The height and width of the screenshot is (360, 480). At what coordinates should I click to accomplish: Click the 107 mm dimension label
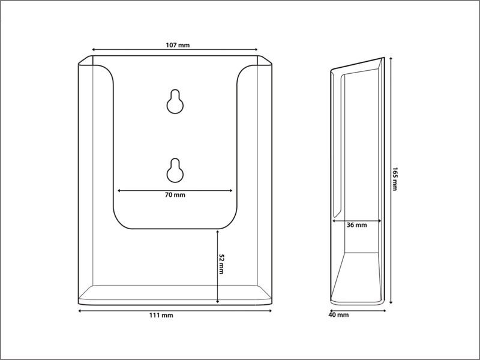click(178, 46)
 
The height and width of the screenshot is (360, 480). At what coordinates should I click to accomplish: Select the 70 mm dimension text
click(175, 194)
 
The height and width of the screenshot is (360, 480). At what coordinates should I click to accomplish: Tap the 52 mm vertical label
click(221, 264)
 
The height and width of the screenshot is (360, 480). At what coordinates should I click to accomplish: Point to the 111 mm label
click(161, 316)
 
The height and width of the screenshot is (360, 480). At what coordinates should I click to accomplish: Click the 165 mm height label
click(395, 179)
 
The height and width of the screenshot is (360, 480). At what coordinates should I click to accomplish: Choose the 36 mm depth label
click(356, 225)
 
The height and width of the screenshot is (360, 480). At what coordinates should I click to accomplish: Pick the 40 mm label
click(338, 314)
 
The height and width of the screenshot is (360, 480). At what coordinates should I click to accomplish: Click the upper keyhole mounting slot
click(175, 101)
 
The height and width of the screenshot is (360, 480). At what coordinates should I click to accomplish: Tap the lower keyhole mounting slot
click(175, 170)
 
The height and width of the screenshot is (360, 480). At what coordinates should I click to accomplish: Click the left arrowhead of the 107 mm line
click(94, 49)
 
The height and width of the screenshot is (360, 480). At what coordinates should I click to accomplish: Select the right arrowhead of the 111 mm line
click(271, 311)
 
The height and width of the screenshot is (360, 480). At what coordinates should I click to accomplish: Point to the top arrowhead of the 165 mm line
click(391, 59)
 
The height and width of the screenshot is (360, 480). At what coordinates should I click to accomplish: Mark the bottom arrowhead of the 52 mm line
click(217, 302)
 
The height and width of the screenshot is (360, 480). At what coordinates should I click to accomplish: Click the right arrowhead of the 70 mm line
click(231, 190)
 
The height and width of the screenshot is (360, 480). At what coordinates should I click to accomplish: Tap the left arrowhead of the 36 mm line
click(334, 220)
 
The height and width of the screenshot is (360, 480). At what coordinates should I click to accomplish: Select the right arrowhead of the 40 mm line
click(384, 311)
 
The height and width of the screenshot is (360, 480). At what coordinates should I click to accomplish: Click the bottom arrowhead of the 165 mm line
click(391, 302)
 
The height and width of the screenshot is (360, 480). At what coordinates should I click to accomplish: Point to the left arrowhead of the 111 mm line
click(80, 311)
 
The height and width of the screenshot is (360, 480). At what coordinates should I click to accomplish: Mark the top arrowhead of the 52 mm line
click(217, 232)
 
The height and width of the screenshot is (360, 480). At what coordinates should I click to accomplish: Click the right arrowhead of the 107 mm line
click(256, 49)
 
